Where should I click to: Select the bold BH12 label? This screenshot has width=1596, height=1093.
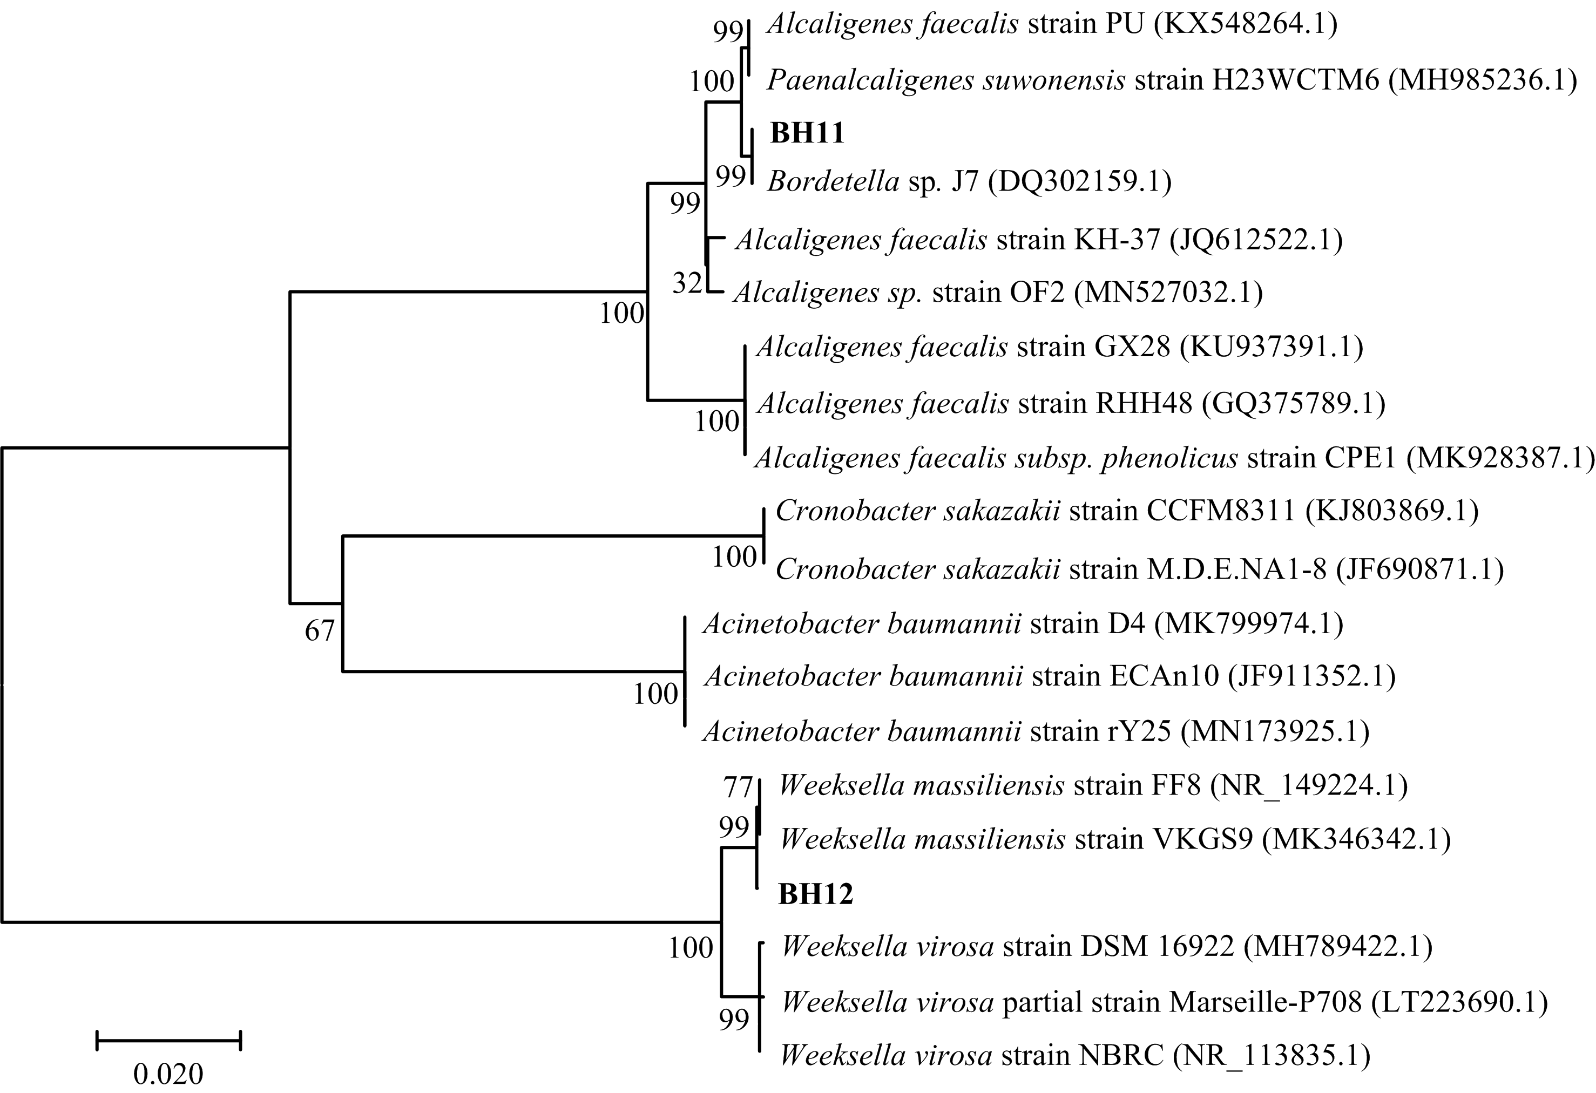click(x=815, y=894)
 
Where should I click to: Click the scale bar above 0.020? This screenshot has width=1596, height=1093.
click(x=169, y=1040)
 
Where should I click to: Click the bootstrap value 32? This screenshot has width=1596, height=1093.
click(x=687, y=283)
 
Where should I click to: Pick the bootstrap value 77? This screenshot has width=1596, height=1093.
click(x=738, y=787)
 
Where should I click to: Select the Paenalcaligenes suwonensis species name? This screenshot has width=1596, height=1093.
click(x=945, y=81)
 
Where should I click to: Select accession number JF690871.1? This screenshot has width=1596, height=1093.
click(x=1419, y=569)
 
